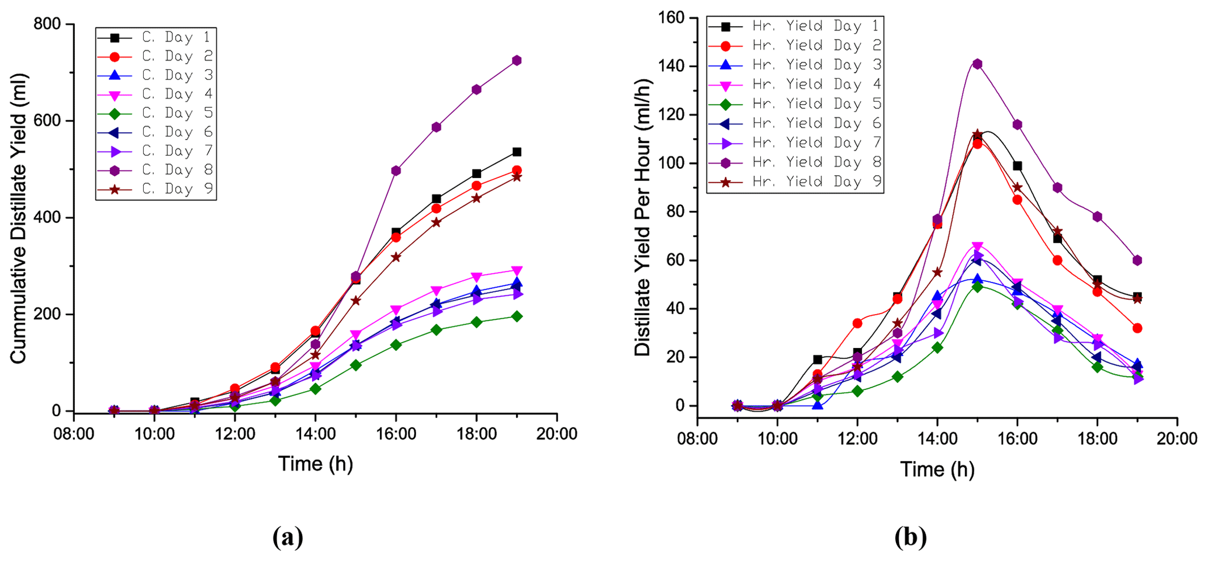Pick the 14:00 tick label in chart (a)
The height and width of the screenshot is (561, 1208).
pyautogui.click(x=316, y=434)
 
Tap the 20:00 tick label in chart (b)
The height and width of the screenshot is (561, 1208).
pyautogui.click(x=1176, y=439)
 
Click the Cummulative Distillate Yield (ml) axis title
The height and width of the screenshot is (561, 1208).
pyautogui.click(x=19, y=218)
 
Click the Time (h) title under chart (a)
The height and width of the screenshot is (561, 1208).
pyautogui.click(x=316, y=464)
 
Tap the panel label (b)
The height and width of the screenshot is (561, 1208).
pyautogui.click(x=910, y=537)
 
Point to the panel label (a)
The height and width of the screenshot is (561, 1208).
pyautogui.click(x=288, y=537)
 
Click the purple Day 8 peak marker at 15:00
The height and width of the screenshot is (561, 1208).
pyautogui.click(x=977, y=64)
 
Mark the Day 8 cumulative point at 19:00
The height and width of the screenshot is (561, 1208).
pyautogui.click(x=517, y=61)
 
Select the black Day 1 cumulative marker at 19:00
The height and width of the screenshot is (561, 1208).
pyautogui.click(x=517, y=152)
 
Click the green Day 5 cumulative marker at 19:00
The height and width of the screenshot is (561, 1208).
pyautogui.click(x=517, y=316)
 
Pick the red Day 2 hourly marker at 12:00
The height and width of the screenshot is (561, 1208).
pyautogui.click(x=857, y=323)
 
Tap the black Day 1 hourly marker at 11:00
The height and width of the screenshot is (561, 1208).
pyautogui.click(x=817, y=360)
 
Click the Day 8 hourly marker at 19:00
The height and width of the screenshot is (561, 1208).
pyautogui.click(x=1137, y=260)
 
